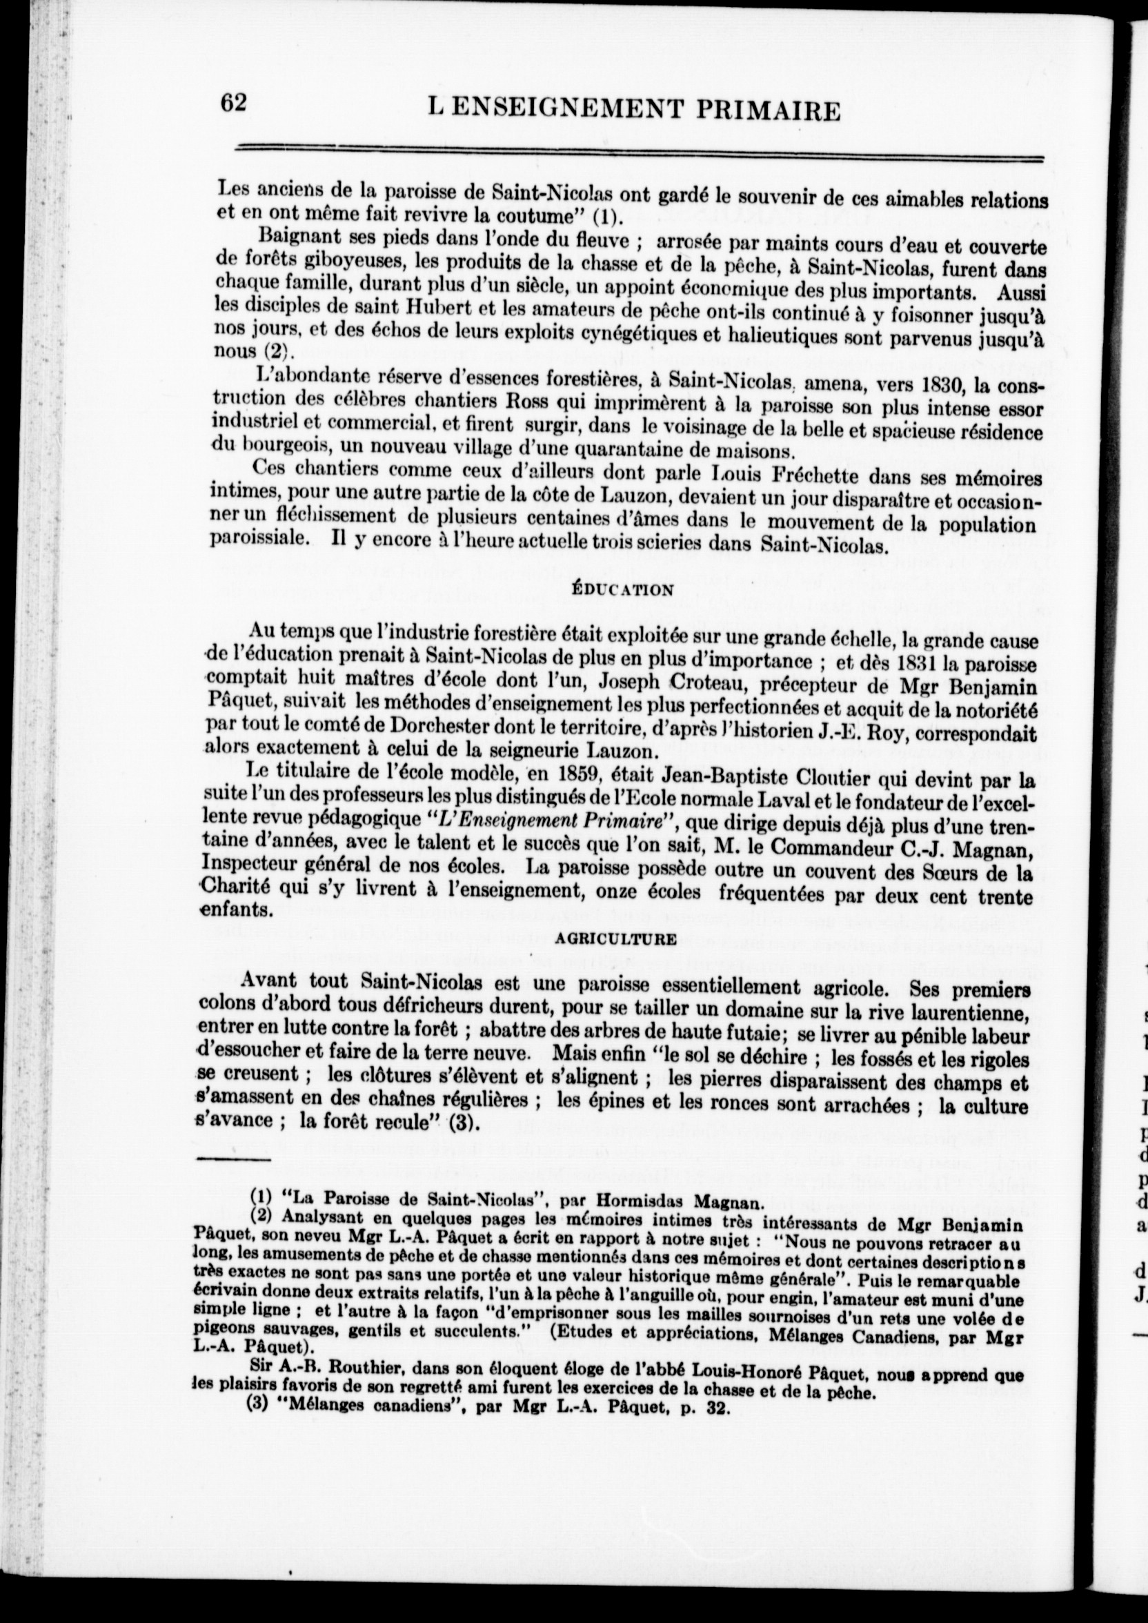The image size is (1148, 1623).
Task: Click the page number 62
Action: (232, 103)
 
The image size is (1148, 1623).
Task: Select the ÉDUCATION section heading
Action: (622, 589)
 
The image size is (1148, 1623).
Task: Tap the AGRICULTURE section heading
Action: (616, 939)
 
